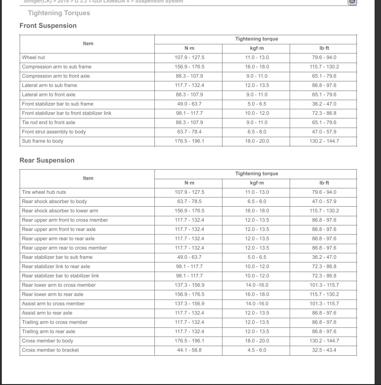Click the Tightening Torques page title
[59, 13]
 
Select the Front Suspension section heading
[48, 26]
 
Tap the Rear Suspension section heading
[47, 160]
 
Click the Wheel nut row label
[33, 58]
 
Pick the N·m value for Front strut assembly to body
[189, 132]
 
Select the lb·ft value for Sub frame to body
[324, 141]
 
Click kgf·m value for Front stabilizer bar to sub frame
[257, 104]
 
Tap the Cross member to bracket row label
[50, 350]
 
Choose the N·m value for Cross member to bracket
[189, 350]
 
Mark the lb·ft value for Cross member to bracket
[324, 350]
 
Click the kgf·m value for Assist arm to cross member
[257, 304]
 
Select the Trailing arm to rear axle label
[48, 332]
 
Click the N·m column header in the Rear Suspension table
[189, 183]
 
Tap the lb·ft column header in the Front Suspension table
[324, 48]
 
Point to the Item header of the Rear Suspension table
[88, 178]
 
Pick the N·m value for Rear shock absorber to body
[189, 202]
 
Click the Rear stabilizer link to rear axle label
[56, 267]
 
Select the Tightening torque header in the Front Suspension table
[256, 39]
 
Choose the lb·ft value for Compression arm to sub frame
[324, 67]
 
